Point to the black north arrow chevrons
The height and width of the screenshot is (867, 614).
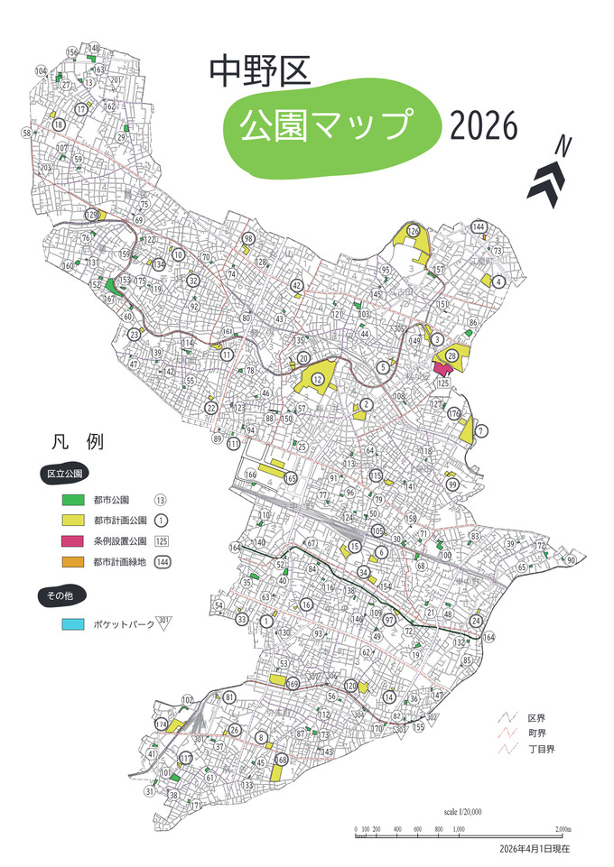[x=548, y=180]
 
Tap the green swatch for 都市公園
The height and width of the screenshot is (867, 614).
[x=72, y=499]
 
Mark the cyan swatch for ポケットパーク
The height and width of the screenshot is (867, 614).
[x=72, y=623]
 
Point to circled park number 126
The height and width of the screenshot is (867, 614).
[x=414, y=232]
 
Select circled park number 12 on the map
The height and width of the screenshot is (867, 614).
[x=318, y=379]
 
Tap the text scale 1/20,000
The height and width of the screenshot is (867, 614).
[x=462, y=812]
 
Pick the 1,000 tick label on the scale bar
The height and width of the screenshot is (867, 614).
[x=459, y=827]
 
